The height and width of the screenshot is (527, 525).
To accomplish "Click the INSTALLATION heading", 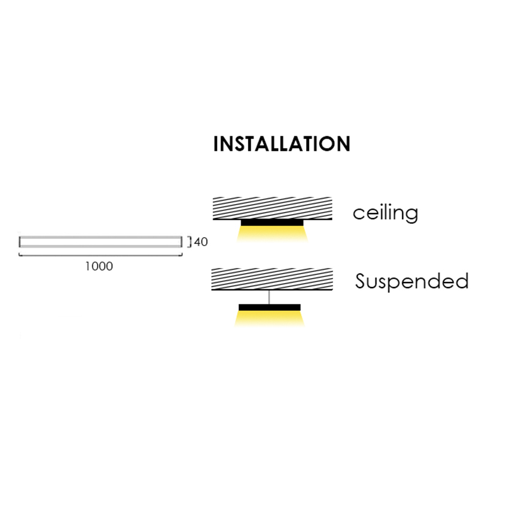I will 282,144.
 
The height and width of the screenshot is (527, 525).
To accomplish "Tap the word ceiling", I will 385,213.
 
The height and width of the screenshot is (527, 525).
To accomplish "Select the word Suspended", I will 412,281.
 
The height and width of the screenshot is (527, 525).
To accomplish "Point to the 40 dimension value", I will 201,242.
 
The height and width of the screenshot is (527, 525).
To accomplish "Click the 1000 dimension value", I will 99,266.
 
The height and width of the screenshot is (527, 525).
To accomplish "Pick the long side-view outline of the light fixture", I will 101,242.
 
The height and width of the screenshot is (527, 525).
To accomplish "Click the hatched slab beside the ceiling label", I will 273,208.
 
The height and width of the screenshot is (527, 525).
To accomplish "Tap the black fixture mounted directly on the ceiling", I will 272,223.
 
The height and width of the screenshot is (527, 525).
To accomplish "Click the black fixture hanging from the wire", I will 270,307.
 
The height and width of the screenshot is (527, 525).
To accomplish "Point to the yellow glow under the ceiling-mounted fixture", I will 273,234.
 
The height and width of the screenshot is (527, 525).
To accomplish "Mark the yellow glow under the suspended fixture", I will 270,318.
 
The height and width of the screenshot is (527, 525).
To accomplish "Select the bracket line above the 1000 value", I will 101,256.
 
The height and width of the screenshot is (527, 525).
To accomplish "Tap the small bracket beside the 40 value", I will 190,242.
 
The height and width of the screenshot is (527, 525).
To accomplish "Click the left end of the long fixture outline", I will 20,242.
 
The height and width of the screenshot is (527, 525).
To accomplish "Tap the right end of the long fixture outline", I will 182,242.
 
